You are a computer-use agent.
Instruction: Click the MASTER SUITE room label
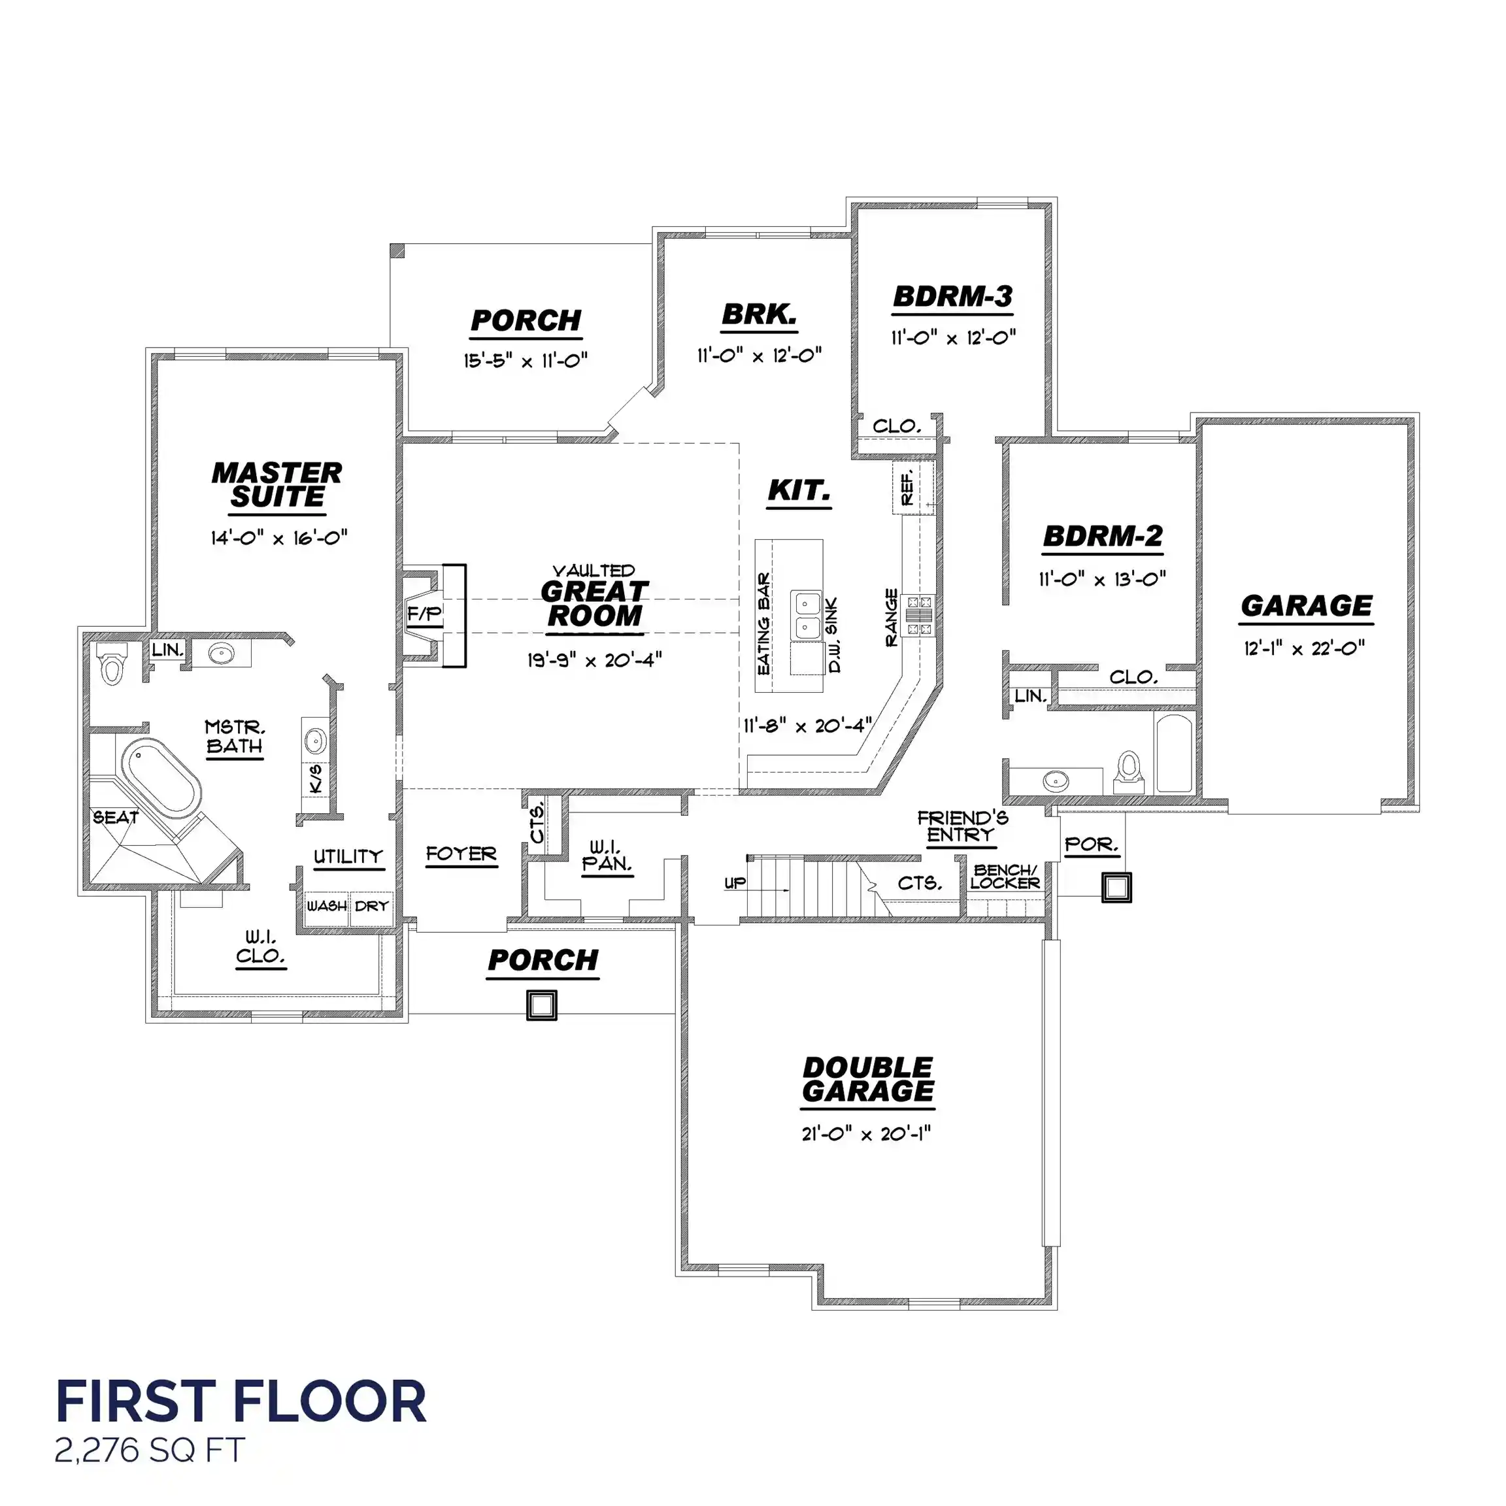276,485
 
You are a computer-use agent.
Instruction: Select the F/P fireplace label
424,614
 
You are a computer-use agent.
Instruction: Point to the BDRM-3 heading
952,297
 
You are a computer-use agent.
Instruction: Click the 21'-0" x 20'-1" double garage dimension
866,1134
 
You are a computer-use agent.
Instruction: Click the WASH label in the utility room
327,906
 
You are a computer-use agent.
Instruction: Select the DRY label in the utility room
371,906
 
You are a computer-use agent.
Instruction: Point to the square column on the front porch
542,1005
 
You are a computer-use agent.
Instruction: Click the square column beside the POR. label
1116,887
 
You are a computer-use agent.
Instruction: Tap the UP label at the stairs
735,882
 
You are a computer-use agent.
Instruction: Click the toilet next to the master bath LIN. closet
113,663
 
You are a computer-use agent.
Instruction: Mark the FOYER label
461,854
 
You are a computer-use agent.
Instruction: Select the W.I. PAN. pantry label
607,856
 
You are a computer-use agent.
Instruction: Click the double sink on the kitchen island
807,615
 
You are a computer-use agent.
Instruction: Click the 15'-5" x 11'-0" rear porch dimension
526,360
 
